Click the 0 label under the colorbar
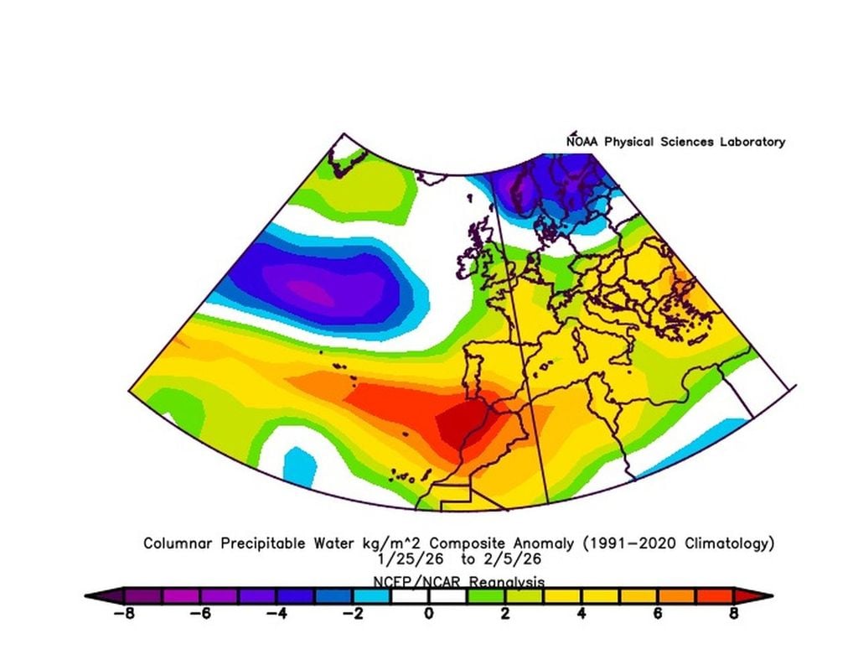tap(429, 614)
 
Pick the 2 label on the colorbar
tap(505, 614)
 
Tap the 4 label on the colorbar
tap(581, 614)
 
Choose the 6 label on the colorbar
tap(658, 614)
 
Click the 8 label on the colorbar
tap(734, 614)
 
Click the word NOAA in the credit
tap(583, 142)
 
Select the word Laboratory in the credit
tap(752, 142)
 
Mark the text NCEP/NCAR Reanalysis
tap(458, 580)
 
